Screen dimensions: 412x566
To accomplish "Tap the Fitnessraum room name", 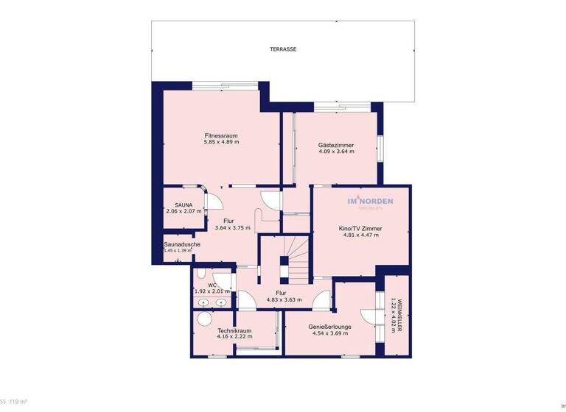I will coord(221,135).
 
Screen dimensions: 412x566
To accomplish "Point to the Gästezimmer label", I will coord(336,145).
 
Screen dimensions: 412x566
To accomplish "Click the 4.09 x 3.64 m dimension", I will coord(336,152).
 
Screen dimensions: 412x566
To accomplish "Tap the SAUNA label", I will coord(184,205).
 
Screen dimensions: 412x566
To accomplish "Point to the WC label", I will coord(212,285).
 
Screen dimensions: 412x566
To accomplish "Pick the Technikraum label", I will coord(234,330).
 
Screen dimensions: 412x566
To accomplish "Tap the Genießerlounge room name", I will coord(329,327).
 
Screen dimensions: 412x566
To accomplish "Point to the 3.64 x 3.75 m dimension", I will coord(232,228).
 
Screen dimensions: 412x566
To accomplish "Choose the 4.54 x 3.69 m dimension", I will coord(329,333).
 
